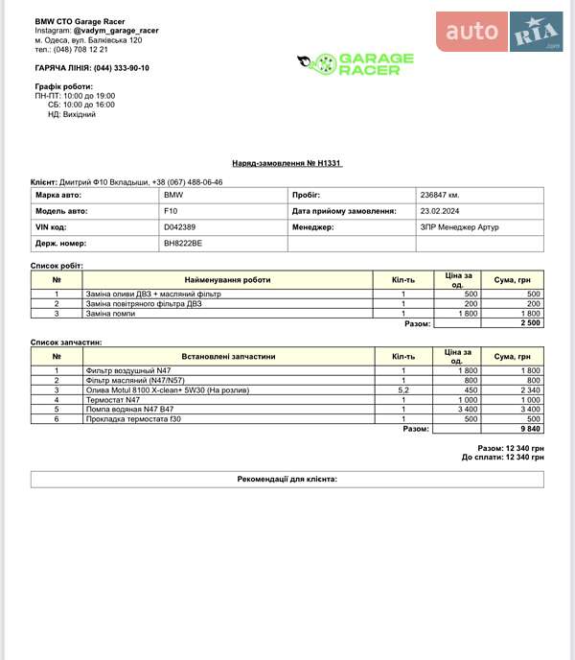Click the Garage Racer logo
(356, 64)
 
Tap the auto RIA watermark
(500, 33)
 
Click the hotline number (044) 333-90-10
(121, 68)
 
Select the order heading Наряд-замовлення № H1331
(287, 163)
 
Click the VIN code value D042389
(180, 227)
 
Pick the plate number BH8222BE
(183, 244)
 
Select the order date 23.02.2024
(441, 211)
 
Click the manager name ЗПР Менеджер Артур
(459, 227)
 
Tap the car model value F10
(172, 211)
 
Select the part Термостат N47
(113, 400)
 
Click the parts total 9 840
(531, 429)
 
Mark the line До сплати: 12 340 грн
(502, 457)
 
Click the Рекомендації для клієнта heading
(287, 479)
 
